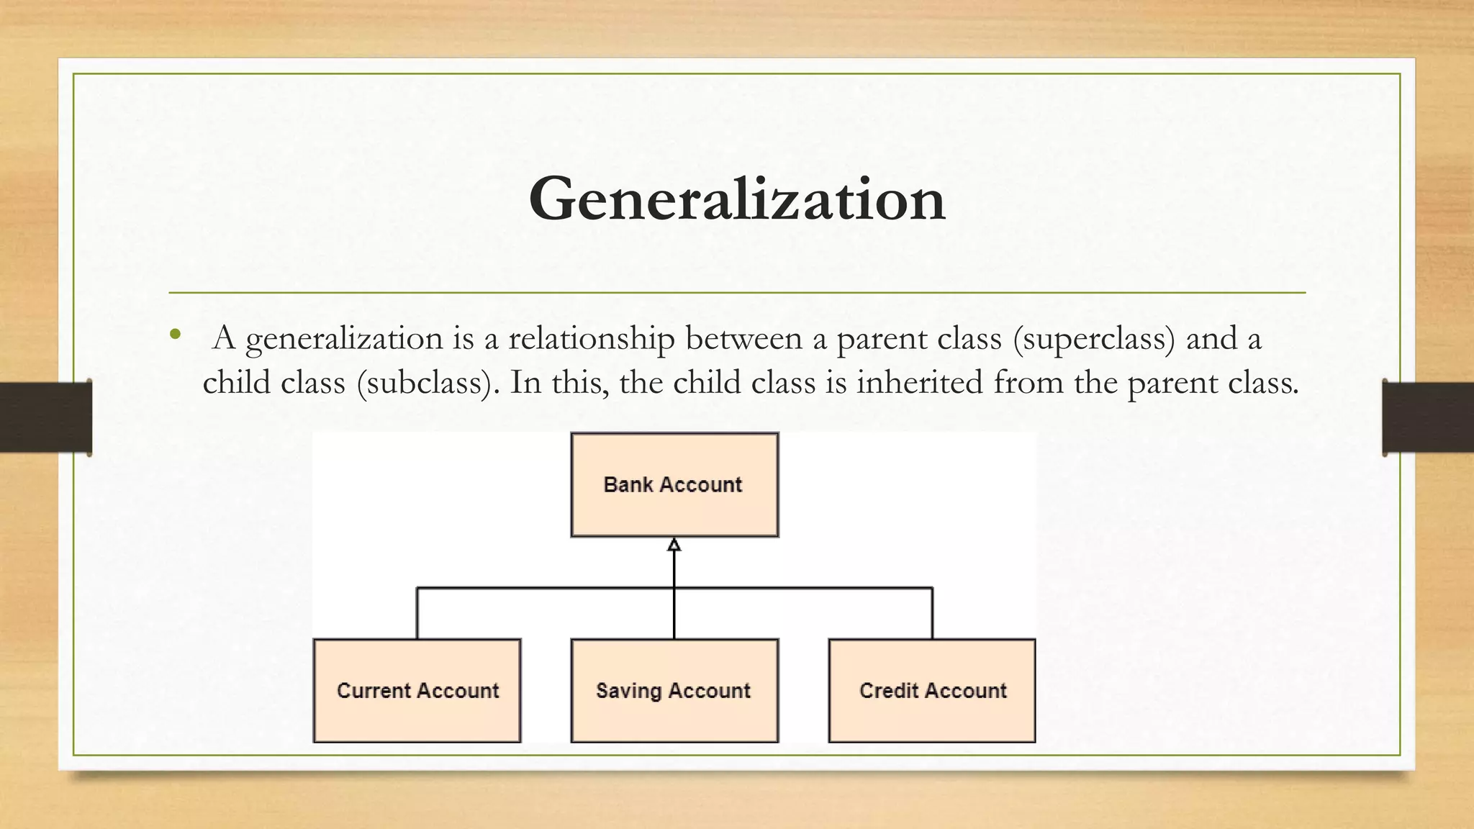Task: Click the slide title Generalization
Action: tap(736, 199)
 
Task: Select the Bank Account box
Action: tap(674, 484)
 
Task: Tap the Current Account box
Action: tap(417, 691)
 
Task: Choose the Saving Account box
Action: tap(674, 691)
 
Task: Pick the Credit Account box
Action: tap(932, 691)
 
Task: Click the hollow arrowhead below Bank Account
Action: tap(674, 545)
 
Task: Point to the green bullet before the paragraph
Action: tap(175, 334)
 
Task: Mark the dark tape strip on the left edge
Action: tap(45, 417)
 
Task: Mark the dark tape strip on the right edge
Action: tap(1428, 417)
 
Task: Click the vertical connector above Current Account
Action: tap(417, 613)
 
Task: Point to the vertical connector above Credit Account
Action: tap(933, 613)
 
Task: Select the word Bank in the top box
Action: tap(628, 484)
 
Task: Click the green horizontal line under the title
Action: tap(736, 293)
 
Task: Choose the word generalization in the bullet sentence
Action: tap(344, 338)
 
